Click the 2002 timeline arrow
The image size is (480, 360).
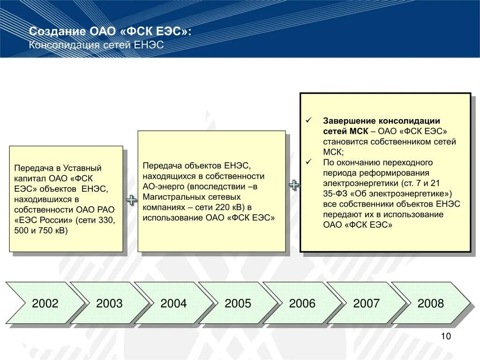pyautogui.click(x=45, y=303)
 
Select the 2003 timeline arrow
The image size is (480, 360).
pyautogui.click(x=109, y=303)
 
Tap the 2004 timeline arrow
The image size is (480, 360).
pyautogui.click(x=173, y=303)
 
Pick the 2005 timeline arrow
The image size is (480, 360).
pyautogui.click(x=238, y=303)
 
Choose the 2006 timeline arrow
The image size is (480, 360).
pyautogui.click(x=302, y=303)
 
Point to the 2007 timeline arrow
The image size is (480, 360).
pyautogui.click(x=366, y=303)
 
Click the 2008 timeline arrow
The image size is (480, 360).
pyautogui.click(x=430, y=303)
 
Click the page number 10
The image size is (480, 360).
pyautogui.click(x=445, y=337)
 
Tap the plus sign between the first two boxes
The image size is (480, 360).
pyautogui.click(x=132, y=201)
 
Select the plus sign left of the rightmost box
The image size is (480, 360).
pyautogui.click(x=294, y=185)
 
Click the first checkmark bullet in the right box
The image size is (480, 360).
pyautogui.click(x=308, y=120)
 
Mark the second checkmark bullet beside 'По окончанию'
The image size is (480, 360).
pyautogui.click(x=308, y=162)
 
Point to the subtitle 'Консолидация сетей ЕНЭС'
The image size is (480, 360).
pyautogui.click(x=96, y=45)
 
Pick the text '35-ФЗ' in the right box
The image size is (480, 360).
pyautogui.click(x=334, y=194)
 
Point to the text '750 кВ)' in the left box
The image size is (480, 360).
pyautogui.click(x=54, y=231)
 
